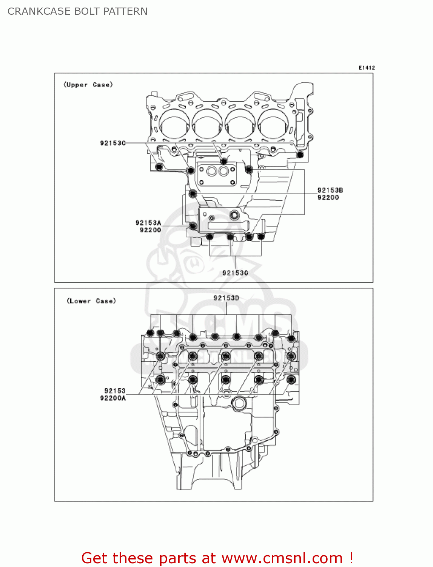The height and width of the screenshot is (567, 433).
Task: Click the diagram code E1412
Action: coord(367,68)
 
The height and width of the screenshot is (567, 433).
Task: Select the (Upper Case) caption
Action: coord(88,85)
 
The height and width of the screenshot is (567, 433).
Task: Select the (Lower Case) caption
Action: coord(91,301)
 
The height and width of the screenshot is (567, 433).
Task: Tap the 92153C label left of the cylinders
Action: coord(112,143)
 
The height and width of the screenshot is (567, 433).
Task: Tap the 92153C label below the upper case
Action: coord(235,273)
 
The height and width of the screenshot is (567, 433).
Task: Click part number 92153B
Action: coord(330,190)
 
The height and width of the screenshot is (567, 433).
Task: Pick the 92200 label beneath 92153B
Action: coord(328,197)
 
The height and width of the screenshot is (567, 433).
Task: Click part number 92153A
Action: coord(148,223)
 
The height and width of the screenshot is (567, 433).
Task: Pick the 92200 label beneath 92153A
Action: coord(150,230)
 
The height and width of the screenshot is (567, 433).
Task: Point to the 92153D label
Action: coord(226,298)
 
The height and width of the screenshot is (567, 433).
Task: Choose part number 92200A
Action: coord(113,398)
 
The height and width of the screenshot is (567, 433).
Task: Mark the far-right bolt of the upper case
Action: coord(300,155)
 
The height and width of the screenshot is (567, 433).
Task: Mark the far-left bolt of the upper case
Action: coord(159,167)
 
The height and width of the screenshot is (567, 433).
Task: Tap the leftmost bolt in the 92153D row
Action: coord(150,333)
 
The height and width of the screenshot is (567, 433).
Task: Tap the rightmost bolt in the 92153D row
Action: coord(291,338)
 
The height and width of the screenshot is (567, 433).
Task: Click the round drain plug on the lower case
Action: coord(239,404)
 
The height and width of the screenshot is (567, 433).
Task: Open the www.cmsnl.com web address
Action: coord(282,558)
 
